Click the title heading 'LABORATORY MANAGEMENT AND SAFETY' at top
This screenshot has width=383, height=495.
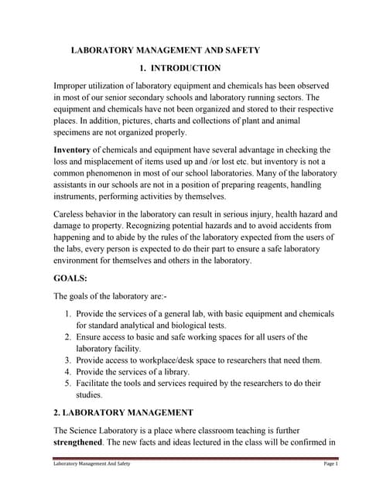[166, 50]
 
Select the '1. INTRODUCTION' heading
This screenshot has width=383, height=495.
[180, 68]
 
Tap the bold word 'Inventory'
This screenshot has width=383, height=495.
[76, 148]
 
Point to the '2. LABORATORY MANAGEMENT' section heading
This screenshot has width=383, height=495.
[123, 412]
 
